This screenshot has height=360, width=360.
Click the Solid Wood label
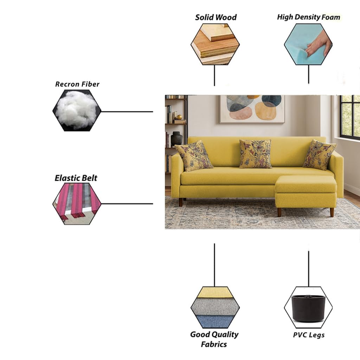coord(216,17)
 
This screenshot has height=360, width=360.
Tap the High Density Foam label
coord(308,17)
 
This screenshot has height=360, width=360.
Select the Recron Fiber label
coord(77,84)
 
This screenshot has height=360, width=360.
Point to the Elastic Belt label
coord(76,178)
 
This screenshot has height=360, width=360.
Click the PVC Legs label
coord(309,335)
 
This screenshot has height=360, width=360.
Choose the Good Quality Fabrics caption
coord(214,339)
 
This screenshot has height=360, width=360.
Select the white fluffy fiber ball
coord(76,110)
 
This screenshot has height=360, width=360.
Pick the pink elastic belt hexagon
coord(77,204)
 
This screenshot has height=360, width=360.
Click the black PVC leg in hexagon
coord(308,308)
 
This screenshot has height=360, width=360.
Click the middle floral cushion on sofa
coord(256,154)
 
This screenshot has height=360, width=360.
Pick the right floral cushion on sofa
coord(319,155)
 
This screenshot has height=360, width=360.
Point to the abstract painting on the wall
coord(252,109)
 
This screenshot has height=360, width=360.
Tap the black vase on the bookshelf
coord(176,139)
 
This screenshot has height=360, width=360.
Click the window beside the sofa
coord(350,116)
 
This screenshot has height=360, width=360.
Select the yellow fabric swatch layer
coord(214,292)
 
